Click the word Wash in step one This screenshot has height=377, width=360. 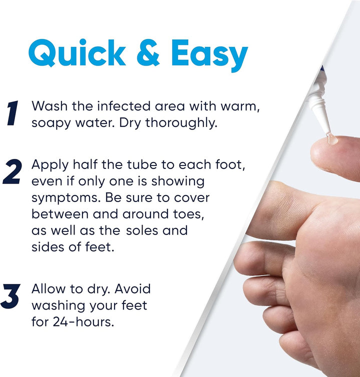tap(49, 106)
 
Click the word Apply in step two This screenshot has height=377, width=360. tap(49, 165)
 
